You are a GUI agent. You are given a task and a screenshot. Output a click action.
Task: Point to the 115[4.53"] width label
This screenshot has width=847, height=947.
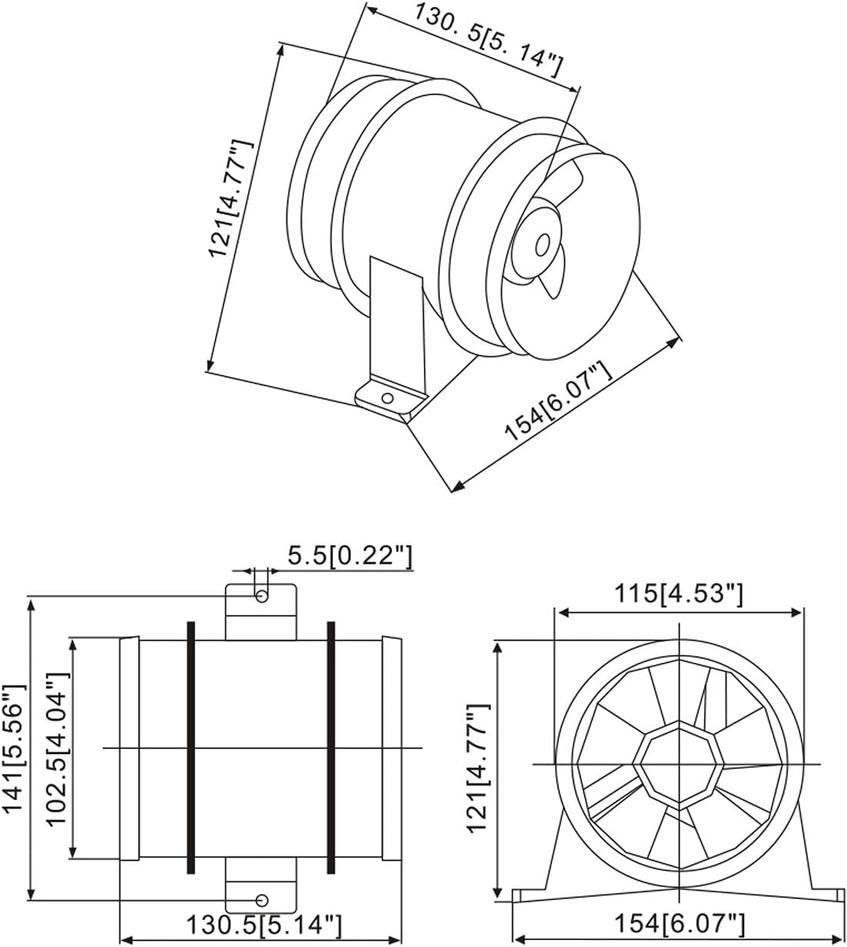[678, 594]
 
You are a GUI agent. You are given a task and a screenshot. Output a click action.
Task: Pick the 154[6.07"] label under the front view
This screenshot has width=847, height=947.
[678, 924]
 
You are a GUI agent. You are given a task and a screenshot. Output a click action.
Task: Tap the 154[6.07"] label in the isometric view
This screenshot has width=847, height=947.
[558, 402]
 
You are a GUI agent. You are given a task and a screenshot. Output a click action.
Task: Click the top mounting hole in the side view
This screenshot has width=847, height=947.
[262, 597]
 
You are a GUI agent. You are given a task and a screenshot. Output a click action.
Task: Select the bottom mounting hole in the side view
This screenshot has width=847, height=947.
[262, 899]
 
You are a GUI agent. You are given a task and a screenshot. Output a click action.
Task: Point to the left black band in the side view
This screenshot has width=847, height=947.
[191, 747]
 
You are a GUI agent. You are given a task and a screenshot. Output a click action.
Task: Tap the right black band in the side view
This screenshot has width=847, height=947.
[331, 747]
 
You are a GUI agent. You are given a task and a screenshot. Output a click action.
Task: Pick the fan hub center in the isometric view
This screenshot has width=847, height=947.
[542, 245]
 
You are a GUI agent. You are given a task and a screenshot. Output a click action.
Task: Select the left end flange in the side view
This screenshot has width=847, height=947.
[129, 747]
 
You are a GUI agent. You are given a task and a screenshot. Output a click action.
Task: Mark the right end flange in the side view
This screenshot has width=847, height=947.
[392, 747]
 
